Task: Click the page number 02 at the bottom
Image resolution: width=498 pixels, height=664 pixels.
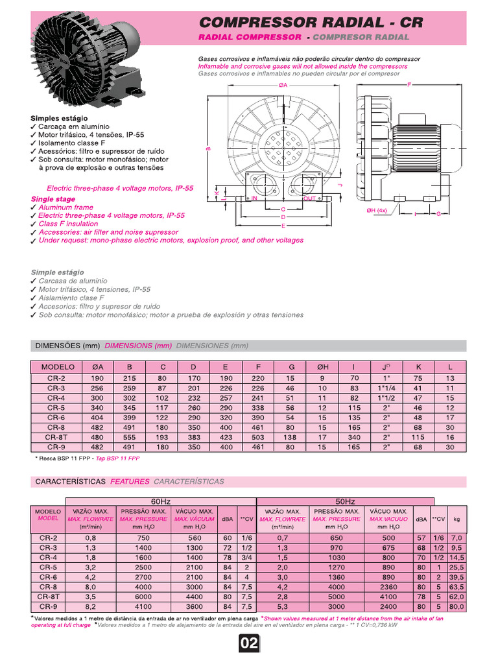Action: click(249, 644)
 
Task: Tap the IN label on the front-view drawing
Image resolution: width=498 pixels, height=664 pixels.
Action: click(255, 198)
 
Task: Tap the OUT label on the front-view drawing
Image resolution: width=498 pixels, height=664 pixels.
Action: click(309, 198)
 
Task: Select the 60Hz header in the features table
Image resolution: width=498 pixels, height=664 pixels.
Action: click(160, 502)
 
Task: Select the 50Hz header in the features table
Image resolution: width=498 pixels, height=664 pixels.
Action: click(345, 502)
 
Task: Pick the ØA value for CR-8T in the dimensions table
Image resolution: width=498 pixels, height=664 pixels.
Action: click(98, 438)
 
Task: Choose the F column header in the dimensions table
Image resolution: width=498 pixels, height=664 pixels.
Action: click(259, 366)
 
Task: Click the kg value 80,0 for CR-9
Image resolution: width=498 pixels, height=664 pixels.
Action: click(456, 607)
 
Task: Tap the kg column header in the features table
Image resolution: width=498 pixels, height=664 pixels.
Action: click(456, 519)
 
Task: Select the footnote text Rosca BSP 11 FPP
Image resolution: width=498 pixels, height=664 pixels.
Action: click(65, 458)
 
